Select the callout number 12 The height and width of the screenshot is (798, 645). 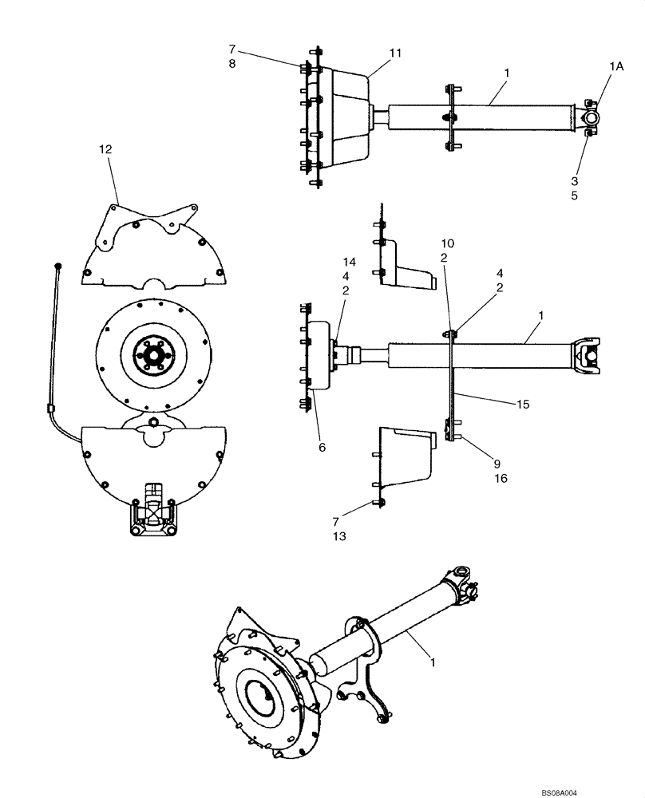pos(105,149)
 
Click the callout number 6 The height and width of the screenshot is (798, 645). pos(322,448)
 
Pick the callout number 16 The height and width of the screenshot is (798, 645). pos(501,479)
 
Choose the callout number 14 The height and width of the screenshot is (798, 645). pos(349,262)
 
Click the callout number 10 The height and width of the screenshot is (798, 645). pos(447,242)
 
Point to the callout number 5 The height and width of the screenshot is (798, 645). pos(596,196)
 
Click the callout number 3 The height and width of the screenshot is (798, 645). pos(596,181)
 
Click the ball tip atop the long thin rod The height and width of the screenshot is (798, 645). pos(58,264)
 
